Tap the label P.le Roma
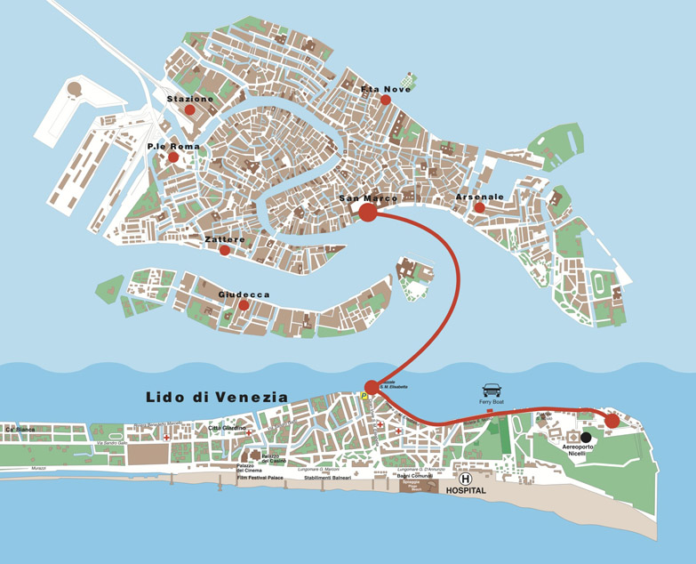pyautogui.click(x=173, y=146)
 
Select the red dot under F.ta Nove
pyautogui.click(x=386, y=101)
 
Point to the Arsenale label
pyautogui.click(x=480, y=197)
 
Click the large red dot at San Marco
pyautogui.click(x=367, y=212)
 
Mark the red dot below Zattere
pyautogui.click(x=225, y=250)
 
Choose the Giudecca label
pyautogui.click(x=244, y=294)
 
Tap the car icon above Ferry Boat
pyautogui.click(x=492, y=391)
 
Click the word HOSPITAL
pyautogui.click(x=467, y=490)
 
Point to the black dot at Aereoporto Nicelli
pyautogui.click(x=586, y=437)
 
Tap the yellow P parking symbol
pyautogui.click(x=364, y=395)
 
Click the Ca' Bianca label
pyautogui.click(x=20, y=430)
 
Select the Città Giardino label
pyautogui.click(x=227, y=428)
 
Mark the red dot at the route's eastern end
pyautogui.click(x=612, y=421)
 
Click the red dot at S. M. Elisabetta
pyautogui.click(x=372, y=387)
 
